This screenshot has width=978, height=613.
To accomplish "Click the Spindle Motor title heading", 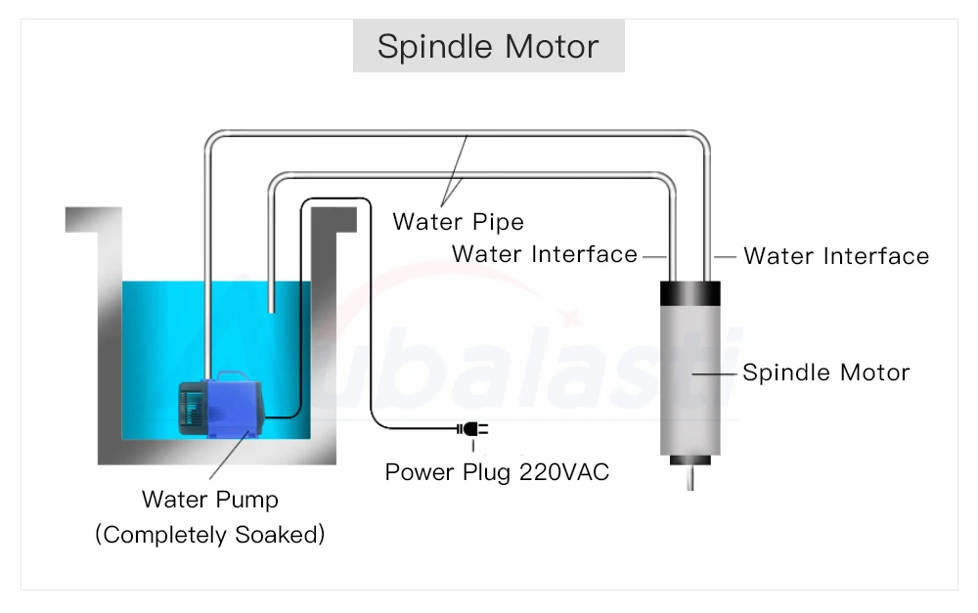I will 488,47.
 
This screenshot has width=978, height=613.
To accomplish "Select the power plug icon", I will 471,429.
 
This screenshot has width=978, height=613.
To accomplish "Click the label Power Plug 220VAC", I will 497,472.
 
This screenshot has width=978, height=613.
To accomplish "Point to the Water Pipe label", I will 458,222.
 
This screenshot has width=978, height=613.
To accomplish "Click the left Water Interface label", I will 544,255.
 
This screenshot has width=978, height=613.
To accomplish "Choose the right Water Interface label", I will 836,256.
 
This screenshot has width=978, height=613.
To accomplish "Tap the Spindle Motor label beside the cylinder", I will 826,372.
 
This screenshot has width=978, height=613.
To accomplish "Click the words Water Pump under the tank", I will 210,500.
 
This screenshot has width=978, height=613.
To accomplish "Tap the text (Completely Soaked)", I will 210,535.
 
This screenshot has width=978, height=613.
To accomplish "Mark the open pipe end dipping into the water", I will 270,307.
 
